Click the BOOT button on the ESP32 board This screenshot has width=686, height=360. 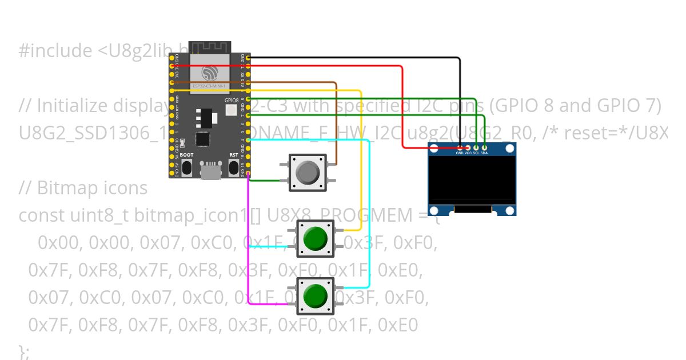click(186, 167)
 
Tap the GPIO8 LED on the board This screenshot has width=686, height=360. click(231, 111)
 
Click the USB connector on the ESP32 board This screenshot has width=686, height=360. click(210, 170)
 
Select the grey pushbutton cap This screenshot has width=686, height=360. click(308, 172)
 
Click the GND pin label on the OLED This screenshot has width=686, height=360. click(460, 153)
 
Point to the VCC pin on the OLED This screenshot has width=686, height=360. click(468, 148)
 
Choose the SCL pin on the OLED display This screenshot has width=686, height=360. click(476, 148)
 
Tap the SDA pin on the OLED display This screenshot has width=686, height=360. click(484, 148)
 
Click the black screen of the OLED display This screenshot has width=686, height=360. click(472, 179)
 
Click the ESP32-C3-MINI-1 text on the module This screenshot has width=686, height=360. click(209, 86)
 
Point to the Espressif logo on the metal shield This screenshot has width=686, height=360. click(209, 72)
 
